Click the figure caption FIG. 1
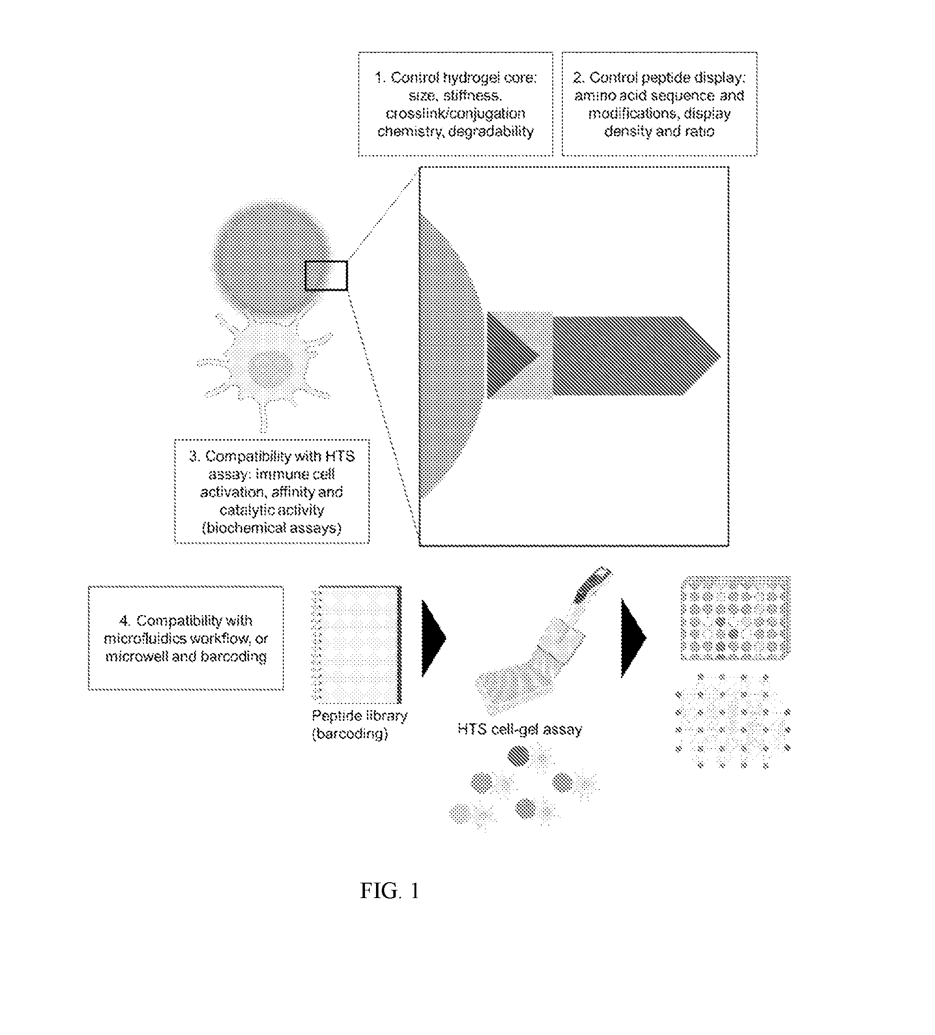pyautogui.click(x=389, y=891)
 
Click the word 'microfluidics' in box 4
pyautogui.click(x=145, y=639)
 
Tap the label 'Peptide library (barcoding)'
pyautogui.click(x=359, y=725)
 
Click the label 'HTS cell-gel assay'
pyautogui.click(x=520, y=729)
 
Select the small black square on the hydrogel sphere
pyautogui.click(x=327, y=276)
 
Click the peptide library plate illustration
pyautogui.click(x=357, y=644)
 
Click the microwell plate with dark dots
pyautogui.click(x=735, y=618)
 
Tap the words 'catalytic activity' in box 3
pyautogui.click(x=272, y=510)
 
